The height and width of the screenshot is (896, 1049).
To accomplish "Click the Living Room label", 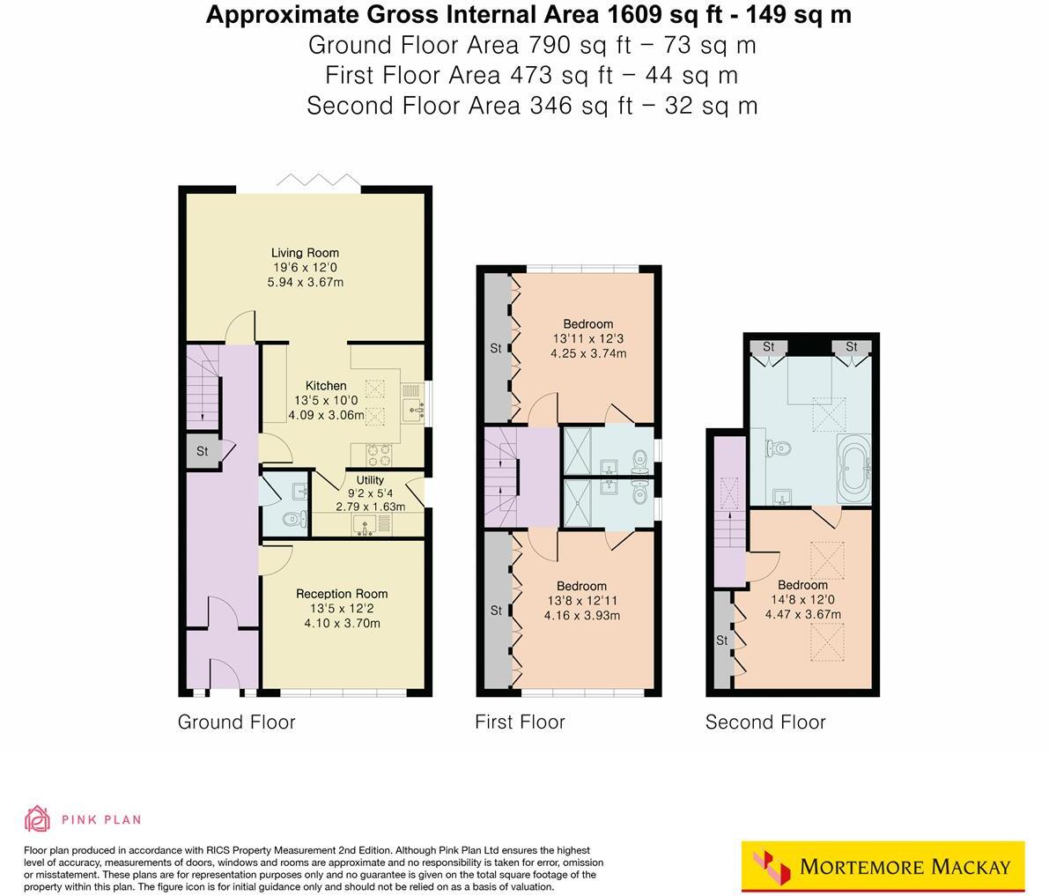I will tap(305, 253).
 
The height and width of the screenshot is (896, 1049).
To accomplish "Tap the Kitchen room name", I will tap(326, 386).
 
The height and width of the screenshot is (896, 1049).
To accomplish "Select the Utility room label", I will tap(370, 480).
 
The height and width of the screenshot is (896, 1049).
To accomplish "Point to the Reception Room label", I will tap(342, 594).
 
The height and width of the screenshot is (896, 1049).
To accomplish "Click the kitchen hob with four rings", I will tap(379, 454).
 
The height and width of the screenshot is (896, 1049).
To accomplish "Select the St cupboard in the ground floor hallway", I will tap(202, 451).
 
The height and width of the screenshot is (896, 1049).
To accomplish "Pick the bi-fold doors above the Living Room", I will tap(318, 181).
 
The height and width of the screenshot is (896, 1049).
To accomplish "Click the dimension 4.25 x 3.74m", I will tap(589, 354).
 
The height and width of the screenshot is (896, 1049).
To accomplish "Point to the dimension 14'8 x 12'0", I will tap(802, 600).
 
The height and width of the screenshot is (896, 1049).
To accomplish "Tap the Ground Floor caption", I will tap(236, 722).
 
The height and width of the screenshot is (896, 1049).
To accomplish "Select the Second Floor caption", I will tap(765, 722).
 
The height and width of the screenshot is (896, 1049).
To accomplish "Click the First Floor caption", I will tap(520, 722).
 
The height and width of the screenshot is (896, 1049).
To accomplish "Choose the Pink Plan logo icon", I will tap(37, 819).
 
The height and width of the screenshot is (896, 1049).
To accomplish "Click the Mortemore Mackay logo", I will tap(883, 867).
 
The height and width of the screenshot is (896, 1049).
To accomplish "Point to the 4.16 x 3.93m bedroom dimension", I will tap(581, 615).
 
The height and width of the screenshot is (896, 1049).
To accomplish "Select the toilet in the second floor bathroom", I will tap(778, 448).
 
